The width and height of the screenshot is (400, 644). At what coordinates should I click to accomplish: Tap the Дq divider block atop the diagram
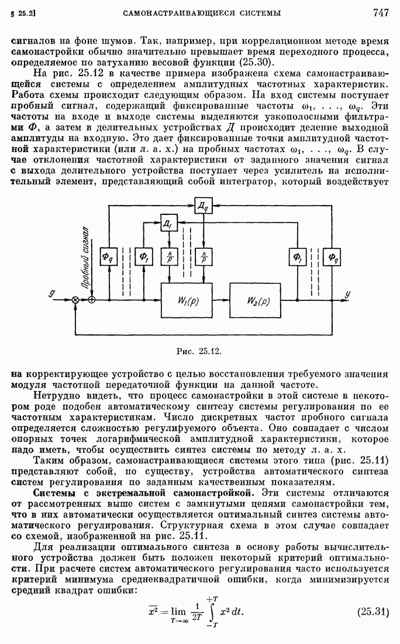pos(203,204)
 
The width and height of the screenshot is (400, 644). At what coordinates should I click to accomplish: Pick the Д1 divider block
pos(168,223)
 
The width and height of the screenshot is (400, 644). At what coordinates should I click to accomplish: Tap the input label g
pos(53,294)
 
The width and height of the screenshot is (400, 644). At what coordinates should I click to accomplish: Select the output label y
pos(347,294)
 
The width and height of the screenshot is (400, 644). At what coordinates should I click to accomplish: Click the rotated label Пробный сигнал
pos(86,257)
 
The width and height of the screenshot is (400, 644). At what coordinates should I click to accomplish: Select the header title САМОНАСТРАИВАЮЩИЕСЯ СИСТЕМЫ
pos(201,12)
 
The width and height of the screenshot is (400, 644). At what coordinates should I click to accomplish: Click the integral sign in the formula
pos(218,612)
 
